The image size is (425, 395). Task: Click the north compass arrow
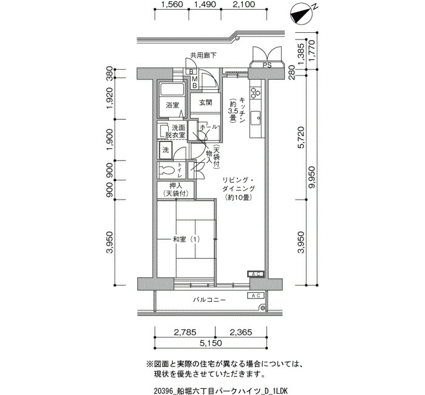(x=301, y=15)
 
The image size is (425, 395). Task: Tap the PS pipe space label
(x=267, y=66)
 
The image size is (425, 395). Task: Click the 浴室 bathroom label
(x=172, y=105)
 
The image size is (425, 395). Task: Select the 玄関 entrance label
(x=206, y=103)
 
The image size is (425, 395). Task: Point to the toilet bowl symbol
(x=167, y=170)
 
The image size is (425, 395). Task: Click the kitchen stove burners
(x=256, y=93)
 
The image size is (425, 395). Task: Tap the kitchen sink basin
(x=256, y=118)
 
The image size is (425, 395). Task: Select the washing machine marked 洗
(x=166, y=149)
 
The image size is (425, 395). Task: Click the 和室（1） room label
(x=186, y=239)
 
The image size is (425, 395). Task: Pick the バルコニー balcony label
(x=209, y=300)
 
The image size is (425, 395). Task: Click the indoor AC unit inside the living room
(x=256, y=274)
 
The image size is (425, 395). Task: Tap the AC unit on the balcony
(x=256, y=295)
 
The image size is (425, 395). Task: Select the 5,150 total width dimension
(x=211, y=343)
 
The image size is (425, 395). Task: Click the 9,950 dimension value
(x=312, y=177)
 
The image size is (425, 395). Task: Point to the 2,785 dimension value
(x=185, y=332)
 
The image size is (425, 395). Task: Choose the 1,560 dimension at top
(x=172, y=4)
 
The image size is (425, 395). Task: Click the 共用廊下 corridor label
(x=203, y=56)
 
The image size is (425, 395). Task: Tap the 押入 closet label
(x=175, y=186)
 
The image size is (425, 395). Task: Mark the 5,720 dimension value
(x=301, y=137)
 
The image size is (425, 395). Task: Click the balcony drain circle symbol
(x=262, y=308)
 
